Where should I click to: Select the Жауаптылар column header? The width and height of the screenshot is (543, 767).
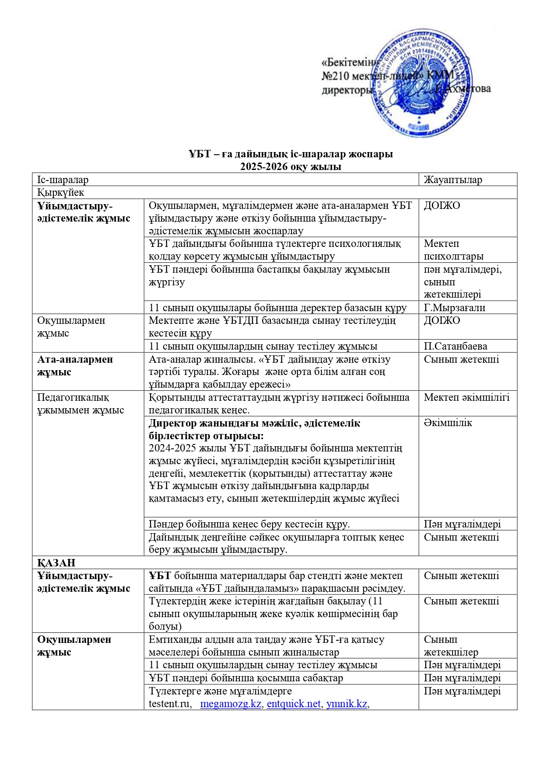[x=452, y=180]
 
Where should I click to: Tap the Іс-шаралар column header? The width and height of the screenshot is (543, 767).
[x=63, y=180]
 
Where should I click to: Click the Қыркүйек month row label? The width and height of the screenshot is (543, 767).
[x=60, y=192]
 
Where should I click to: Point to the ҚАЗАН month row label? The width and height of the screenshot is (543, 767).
[x=56, y=562]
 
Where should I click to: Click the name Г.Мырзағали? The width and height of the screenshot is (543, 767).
[x=454, y=308]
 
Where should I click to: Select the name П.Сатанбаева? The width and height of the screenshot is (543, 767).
[x=455, y=346]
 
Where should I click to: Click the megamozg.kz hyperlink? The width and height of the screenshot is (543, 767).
[x=231, y=704]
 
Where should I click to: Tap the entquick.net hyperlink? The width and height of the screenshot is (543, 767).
[x=294, y=704]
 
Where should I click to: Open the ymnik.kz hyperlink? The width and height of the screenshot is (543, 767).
[x=347, y=704]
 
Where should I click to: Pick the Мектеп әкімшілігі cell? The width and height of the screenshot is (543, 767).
[x=466, y=397]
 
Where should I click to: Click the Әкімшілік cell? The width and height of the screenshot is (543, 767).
[x=448, y=423]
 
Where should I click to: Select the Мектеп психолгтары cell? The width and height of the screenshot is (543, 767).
[x=453, y=250]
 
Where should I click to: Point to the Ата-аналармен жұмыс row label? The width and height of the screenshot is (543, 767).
[x=75, y=365]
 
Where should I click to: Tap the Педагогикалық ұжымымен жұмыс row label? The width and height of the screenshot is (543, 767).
[x=80, y=403]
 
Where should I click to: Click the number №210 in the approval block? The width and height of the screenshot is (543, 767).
[x=335, y=76]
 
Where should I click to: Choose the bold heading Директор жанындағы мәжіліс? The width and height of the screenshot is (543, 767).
[x=254, y=423]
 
